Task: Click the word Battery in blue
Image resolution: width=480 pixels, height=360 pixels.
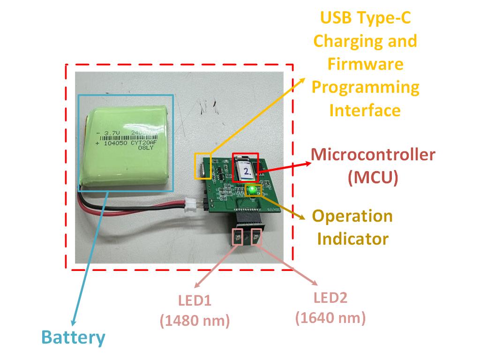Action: pos(73,338)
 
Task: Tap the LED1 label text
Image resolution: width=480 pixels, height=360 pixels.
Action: pos(194,300)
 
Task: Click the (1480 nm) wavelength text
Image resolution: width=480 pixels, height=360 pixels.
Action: pos(194,321)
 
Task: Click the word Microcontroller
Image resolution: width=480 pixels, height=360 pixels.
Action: pos(373,155)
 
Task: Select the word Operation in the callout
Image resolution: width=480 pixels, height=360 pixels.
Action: pos(352,216)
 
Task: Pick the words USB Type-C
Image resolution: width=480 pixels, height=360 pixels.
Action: pos(365,18)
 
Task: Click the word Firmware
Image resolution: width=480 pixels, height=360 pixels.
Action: pos(365,64)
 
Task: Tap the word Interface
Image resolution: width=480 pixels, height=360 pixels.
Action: pos(365,110)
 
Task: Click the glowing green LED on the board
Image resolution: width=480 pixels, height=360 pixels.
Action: pos(253,190)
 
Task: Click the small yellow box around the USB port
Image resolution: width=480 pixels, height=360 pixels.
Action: pos(203,165)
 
